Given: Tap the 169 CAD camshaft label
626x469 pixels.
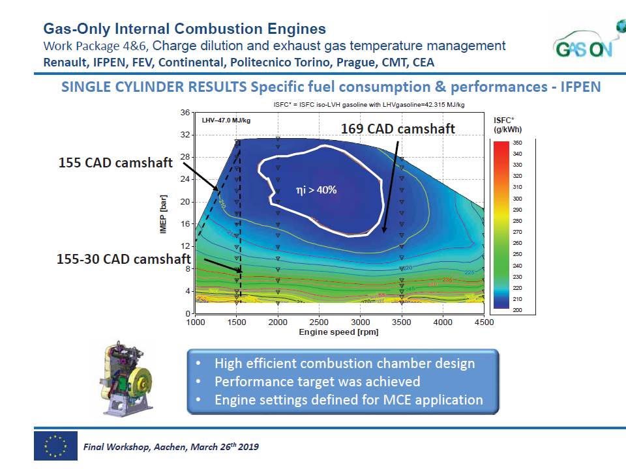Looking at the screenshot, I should (398, 128).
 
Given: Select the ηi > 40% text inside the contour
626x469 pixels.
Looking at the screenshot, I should (316, 190).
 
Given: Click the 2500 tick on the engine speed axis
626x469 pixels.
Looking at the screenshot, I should (320, 322).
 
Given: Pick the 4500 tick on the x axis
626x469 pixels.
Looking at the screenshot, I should (484, 322).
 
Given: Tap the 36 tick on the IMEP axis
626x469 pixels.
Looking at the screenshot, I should (185, 113).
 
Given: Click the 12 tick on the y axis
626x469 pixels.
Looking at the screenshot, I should (185, 246).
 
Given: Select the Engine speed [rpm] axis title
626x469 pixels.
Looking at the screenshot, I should (338, 332).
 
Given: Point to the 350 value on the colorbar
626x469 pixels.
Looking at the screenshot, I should (518, 142).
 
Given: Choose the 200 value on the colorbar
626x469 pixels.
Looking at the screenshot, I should (518, 310).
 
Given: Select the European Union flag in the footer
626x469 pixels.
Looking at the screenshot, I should (55, 446).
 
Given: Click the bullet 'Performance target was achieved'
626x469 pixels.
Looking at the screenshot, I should (317, 382).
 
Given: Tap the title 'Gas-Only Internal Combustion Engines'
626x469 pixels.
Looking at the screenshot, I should (185, 29).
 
